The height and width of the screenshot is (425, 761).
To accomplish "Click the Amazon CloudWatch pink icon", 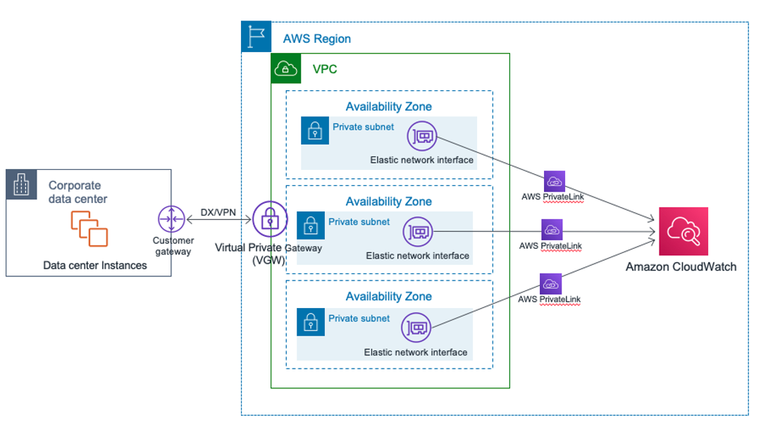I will click(683, 231).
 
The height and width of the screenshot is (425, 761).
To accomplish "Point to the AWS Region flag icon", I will click(256, 37).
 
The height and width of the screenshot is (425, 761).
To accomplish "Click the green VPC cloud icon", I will click(285, 68).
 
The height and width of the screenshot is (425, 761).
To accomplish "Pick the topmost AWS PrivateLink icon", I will click(554, 181).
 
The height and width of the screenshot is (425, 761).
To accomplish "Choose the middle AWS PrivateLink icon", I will click(552, 230).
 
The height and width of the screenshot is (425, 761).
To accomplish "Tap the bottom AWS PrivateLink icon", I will click(551, 284).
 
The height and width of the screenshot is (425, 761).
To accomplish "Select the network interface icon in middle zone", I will click(417, 231).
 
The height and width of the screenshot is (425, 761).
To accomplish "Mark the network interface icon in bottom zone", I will click(416, 328).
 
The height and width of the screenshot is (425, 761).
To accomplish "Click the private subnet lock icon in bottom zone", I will click(311, 322).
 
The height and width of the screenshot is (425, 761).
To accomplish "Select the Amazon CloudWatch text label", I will click(681, 266).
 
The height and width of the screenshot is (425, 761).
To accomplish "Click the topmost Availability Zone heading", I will click(388, 106).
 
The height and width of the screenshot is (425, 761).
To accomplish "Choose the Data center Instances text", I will click(95, 266).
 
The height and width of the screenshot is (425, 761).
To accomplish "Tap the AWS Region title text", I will click(316, 39).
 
